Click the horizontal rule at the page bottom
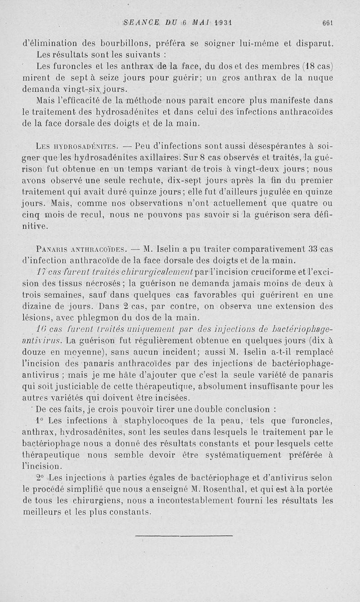click(x=184, y=536)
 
